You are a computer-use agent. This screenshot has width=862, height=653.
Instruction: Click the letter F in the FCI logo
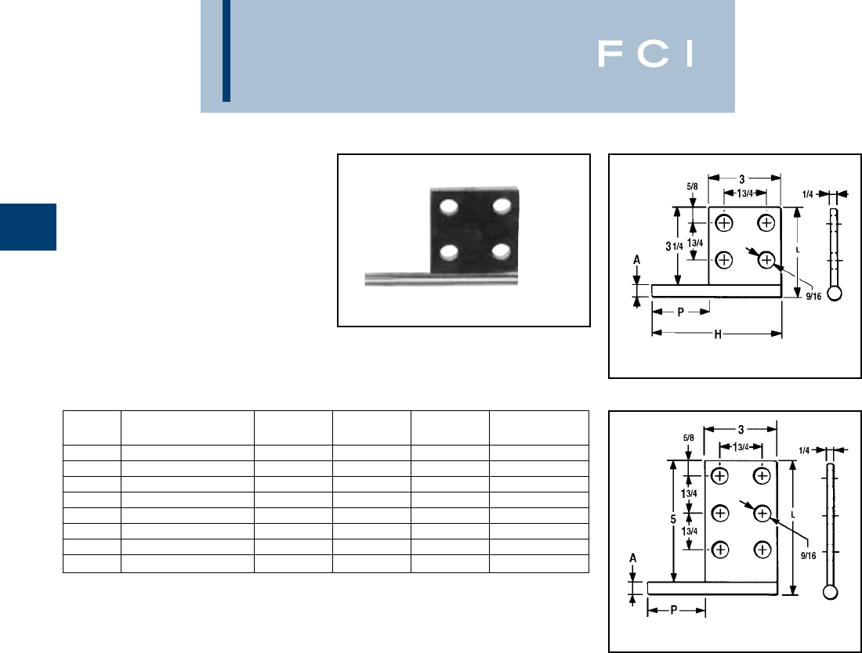click(x=610, y=54)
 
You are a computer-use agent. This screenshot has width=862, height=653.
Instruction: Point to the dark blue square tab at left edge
click(x=28, y=227)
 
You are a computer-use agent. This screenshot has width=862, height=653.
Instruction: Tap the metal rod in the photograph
click(x=400, y=277)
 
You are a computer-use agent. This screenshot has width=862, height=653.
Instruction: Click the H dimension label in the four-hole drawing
click(x=717, y=334)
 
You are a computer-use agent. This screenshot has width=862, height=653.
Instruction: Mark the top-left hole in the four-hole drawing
click(x=724, y=224)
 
